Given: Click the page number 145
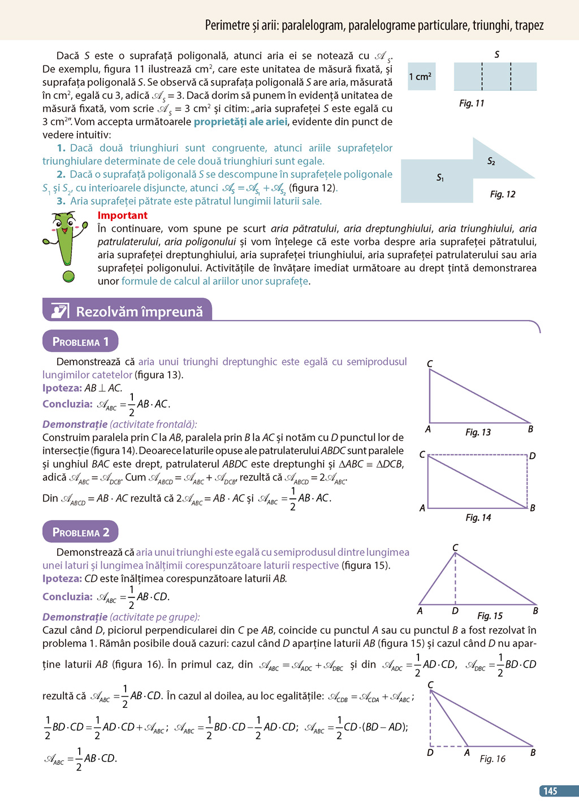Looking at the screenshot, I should (x=550, y=791).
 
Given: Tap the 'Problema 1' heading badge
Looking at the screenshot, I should (x=80, y=341).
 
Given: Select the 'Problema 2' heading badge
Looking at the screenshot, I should (x=80, y=532).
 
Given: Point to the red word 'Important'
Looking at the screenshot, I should (x=122, y=215).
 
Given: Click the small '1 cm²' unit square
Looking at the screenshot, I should (x=421, y=76).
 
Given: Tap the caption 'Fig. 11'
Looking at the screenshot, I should (x=472, y=103).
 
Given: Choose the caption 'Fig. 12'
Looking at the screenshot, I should (x=503, y=194).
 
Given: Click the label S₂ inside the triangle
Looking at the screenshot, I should (x=491, y=162).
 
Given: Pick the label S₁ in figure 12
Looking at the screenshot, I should (x=440, y=178).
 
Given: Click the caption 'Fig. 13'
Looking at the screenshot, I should (x=478, y=432).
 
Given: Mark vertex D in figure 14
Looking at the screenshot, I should (x=532, y=456).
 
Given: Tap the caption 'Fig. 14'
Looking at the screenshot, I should (x=478, y=518).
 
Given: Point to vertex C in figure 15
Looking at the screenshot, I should (x=455, y=547).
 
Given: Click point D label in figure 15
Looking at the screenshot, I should (x=455, y=611).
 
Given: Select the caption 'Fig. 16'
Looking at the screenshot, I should (x=492, y=759).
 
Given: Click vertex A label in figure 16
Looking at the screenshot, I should (x=467, y=753).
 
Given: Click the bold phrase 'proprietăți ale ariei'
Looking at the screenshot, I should (x=240, y=122).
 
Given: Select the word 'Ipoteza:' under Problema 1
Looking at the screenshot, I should (x=62, y=388).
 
